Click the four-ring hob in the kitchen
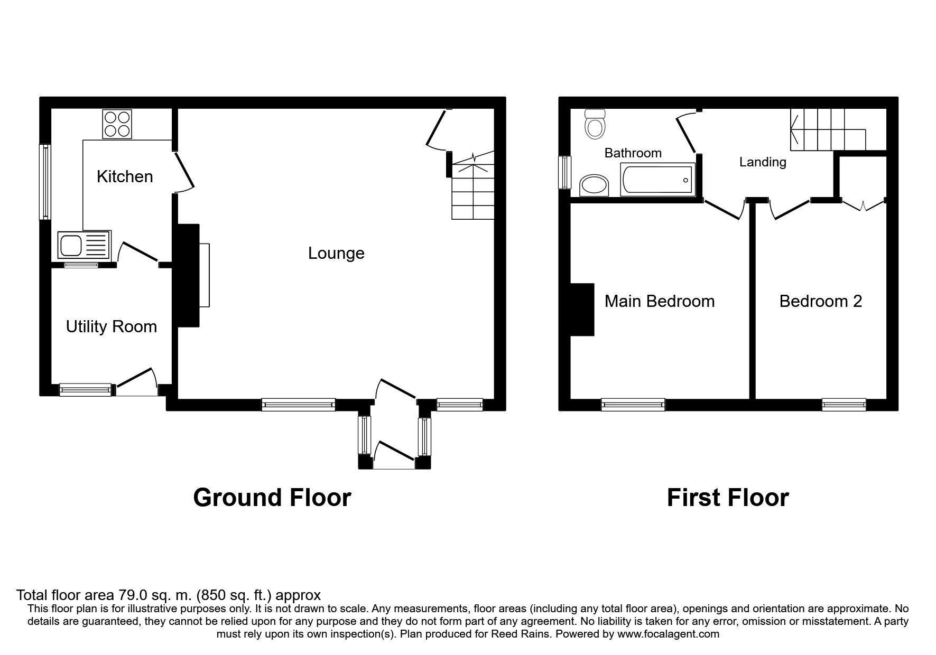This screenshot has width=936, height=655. tap(117, 124)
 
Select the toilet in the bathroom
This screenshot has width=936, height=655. tap(596, 124)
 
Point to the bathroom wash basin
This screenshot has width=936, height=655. tap(595, 185)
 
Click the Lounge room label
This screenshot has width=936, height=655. tap(336, 254)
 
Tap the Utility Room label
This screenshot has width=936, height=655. tap(112, 327)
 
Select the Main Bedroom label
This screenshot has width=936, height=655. tap(660, 302)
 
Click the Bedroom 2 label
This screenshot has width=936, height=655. tap(821, 302)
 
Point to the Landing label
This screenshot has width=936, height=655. tap(763, 162)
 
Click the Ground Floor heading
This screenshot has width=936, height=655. tap(272, 498)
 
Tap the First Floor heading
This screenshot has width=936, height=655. tap(728, 498)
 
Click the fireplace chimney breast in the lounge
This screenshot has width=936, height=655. tap(188, 275)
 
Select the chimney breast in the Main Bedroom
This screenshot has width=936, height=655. tap(582, 310)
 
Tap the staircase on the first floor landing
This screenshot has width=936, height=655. tap(828, 129)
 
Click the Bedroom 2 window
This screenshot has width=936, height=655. tap(844, 405)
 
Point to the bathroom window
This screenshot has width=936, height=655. tap(566, 172)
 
